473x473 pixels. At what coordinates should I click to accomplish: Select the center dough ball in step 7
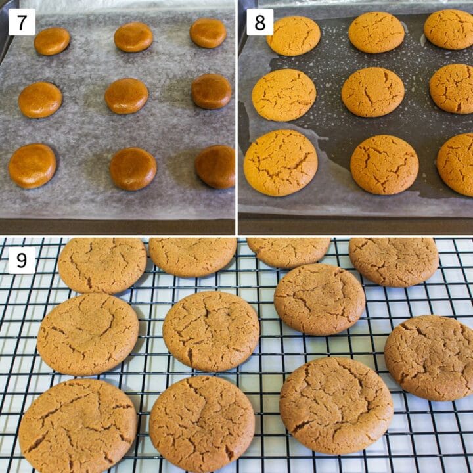coord(127,96)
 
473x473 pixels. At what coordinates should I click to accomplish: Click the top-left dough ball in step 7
coord(52,41)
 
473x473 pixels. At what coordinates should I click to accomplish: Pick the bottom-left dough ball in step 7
coord(32,166)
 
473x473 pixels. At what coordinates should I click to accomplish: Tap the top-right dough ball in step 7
coord(208,33)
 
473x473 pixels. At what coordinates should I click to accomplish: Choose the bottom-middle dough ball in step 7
coord(133,169)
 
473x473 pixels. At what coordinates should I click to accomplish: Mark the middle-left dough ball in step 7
coord(40,100)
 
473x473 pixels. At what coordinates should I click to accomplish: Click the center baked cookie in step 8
coord(373,91)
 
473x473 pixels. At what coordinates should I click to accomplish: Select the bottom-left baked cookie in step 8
coord(281,162)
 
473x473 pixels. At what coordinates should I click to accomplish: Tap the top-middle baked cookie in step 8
coord(376,32)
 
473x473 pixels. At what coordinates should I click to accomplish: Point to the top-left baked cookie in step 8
coord(294,36)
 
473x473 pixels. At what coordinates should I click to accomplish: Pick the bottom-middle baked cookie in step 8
coord(384,165)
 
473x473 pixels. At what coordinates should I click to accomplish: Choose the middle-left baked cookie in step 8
coord(284,95)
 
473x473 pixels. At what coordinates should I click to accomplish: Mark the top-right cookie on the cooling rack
coord(394,261)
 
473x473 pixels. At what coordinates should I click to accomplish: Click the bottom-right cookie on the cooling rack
coord(336,405)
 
